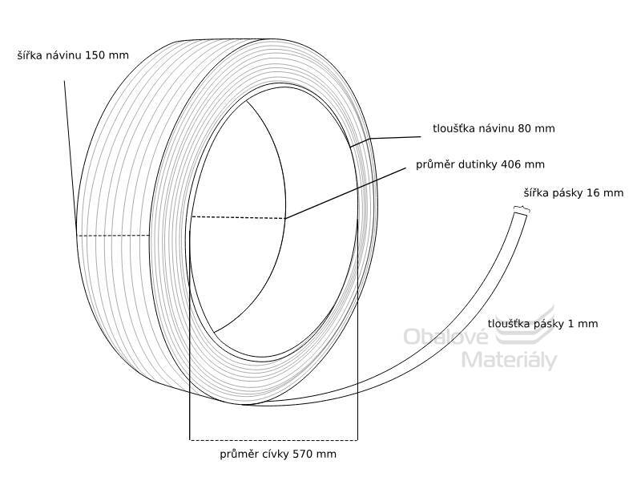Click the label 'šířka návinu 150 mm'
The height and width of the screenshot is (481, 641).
[x=73, y=55]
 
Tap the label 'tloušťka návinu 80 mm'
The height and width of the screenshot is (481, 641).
[x=494, y=128]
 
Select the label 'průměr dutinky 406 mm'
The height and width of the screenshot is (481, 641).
[x=480, y=164]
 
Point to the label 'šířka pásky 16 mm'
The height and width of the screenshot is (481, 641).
[x=574, y=192]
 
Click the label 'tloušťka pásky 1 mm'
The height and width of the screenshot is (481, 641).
[x=543, y=324]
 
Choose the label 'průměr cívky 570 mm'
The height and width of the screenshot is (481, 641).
[x=278, y=454]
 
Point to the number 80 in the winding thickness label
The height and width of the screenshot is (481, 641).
[x=524, y=128]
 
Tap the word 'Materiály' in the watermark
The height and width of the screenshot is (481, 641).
[x=510, y=360]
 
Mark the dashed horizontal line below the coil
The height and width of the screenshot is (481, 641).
[x=273, y=440]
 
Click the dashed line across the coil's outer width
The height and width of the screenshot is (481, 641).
[x=113, y=236]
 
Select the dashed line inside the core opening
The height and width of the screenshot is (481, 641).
[x=238, y=217]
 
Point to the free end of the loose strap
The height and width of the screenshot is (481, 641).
[x=520, y=211]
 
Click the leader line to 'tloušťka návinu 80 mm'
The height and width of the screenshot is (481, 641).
[x=385, y=142]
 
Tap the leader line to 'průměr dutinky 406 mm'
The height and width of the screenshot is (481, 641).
[x=345, y=193]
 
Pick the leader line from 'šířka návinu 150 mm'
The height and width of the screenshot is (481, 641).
[x=71, y=158]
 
